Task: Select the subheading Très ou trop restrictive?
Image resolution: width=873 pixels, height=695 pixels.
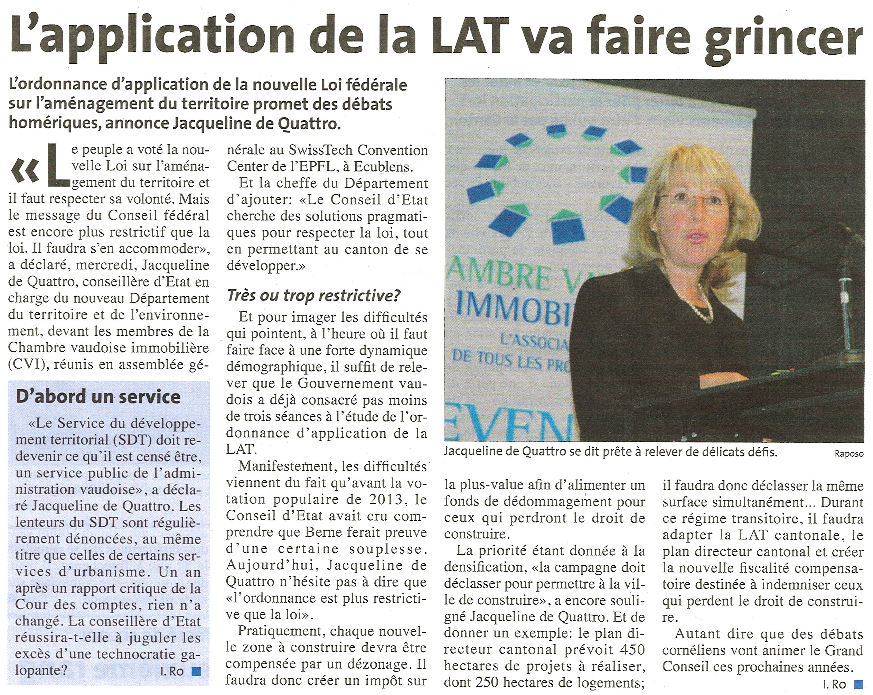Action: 314,296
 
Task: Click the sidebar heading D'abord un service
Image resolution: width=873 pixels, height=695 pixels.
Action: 98,397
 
